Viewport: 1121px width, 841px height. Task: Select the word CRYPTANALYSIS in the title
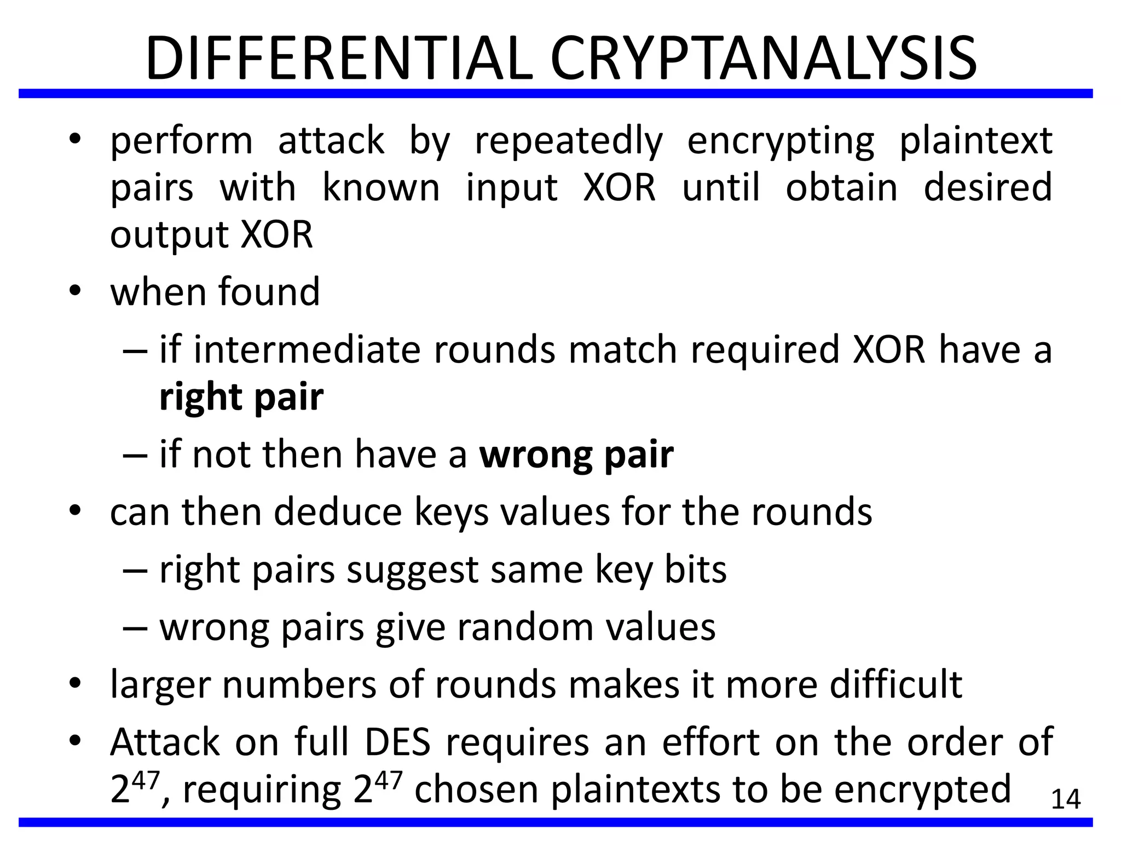tap(763, 59)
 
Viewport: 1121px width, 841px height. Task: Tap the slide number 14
tap(1066, 799)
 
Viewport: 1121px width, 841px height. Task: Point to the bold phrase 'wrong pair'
tap(576, 454)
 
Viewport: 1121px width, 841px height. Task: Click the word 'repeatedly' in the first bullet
tap(568, 141)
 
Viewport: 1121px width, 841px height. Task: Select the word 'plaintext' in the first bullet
tap(976, 141)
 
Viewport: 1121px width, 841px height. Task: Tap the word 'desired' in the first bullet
tap(988, 188)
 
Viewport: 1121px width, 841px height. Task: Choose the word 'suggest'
tap(413, 571)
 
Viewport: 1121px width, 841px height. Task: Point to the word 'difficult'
tap(895, 684)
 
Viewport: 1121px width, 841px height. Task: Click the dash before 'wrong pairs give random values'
tap(135, 629)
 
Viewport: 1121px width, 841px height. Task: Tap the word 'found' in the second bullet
tap(269, 292)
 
